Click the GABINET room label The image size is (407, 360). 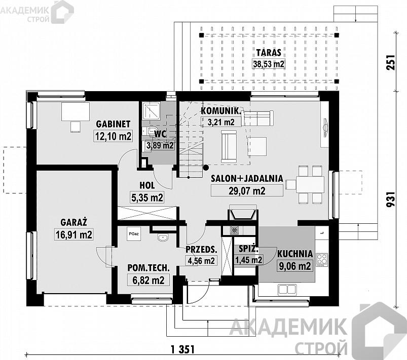pos(113,124)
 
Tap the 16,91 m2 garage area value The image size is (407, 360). pos(74,235)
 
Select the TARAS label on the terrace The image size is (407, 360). pos(269,52)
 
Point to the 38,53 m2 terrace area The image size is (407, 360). pos(269,64)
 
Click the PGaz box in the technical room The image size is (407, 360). pos(134,234)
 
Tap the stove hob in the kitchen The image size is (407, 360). pos(322,260)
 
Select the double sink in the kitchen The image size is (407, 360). pos(287,290)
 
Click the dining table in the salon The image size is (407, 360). pos(310,184)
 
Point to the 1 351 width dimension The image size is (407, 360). pos(183,349)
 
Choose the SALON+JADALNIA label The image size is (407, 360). pos(247,178)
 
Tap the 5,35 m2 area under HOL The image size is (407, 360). pos(147,197)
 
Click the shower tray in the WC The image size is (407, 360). pos(152,110)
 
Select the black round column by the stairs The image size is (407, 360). pos(206,168)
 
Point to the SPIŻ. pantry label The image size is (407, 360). pos(248,249)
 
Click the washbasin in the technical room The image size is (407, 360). pos(163,237)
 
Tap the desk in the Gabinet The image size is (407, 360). pos(76,111)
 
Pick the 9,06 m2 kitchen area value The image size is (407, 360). pos(295,266)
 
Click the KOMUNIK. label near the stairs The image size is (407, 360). pos(220,111)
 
